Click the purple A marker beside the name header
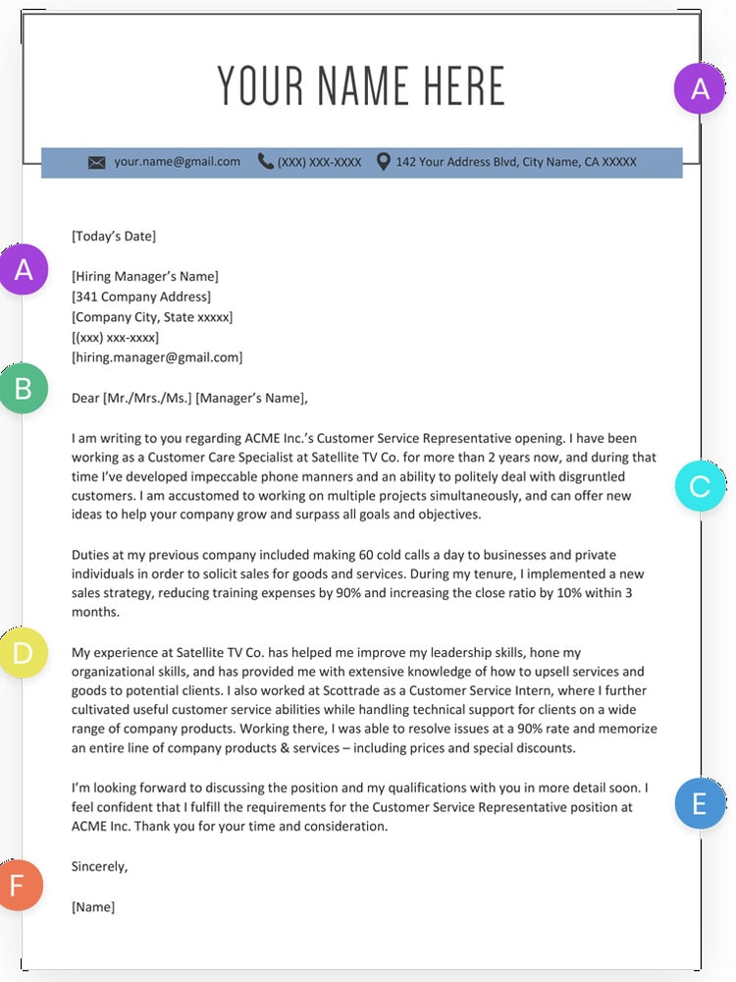pos(700,88)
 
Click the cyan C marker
pos(700,486)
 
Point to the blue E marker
pos(700,804)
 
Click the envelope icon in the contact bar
pos(96,162)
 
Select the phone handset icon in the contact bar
pos(266,161)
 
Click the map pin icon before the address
pos(383,161)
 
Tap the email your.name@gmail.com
pos(177,161)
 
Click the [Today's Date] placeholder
pos(114,236)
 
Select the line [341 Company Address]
pos(141,297)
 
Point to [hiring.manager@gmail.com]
pos(157,357)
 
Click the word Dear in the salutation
pos(85,398)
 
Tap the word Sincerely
pos(100,866)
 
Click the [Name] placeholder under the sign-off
pos(93,906)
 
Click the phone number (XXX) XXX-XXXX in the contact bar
pos(319,162)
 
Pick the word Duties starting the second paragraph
pos(91,555)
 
